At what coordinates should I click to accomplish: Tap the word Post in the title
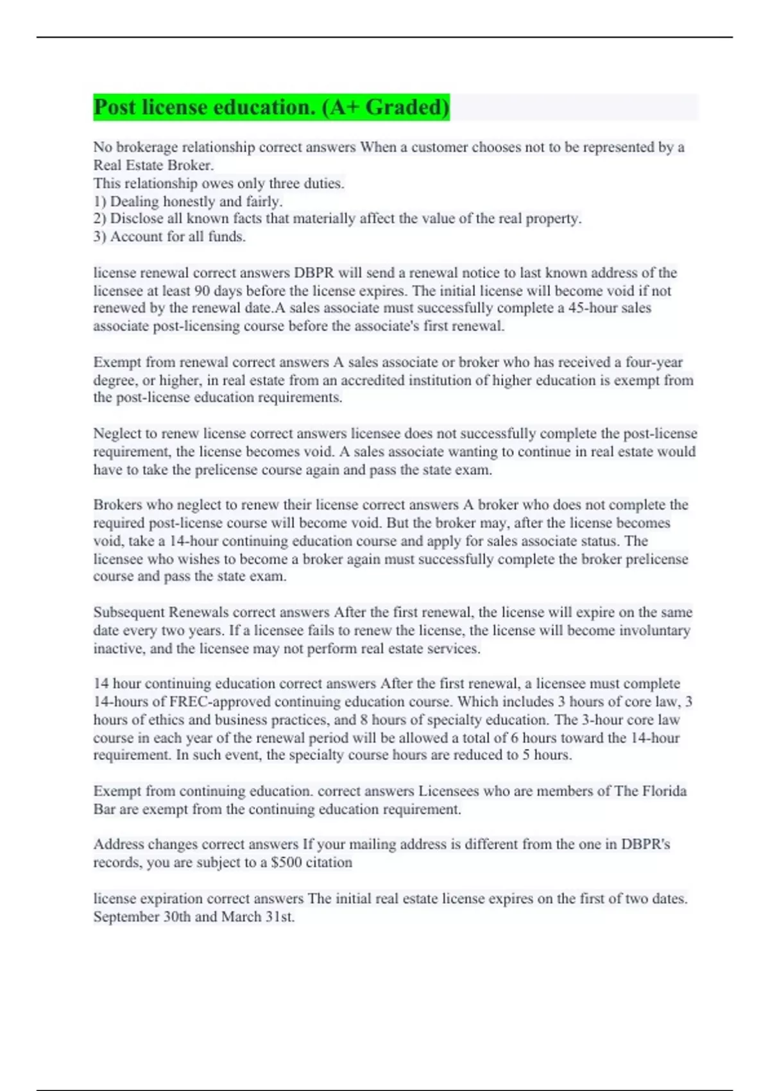(115, 107)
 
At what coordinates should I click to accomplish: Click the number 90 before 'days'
(202, 291)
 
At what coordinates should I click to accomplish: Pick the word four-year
(654, 362)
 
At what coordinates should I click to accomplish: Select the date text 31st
(280, 916)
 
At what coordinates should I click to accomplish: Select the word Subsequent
(128, 612)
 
